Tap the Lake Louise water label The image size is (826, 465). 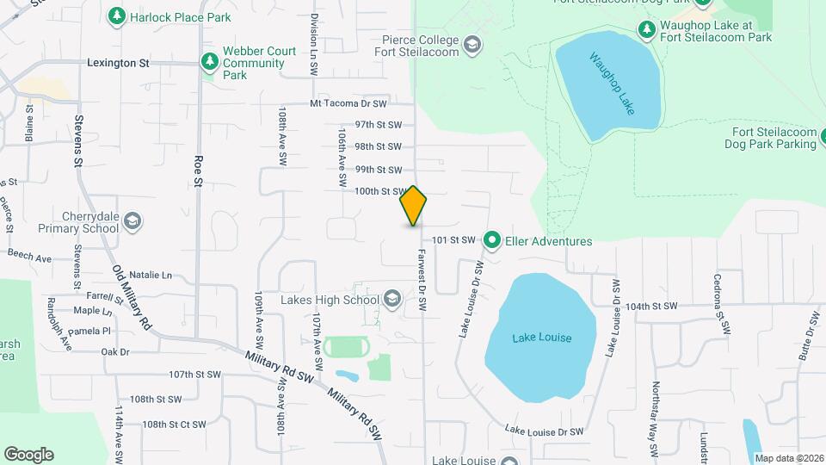point(542,338)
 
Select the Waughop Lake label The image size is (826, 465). point(612,84)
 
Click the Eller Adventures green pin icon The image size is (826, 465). point(492,240)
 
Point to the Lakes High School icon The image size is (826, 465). point(392,300)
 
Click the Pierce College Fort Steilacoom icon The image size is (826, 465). point(472,44)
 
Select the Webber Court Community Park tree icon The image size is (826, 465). point(208,62)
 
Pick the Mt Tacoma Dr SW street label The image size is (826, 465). point(349,103)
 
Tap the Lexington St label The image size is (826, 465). point(119,63)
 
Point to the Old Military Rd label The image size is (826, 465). point(133,298)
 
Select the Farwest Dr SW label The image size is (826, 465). point(423,275)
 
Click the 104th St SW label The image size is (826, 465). point(651,306)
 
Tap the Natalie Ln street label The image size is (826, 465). point(151,276)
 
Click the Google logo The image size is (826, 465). point(28,455)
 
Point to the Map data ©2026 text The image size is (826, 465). point(788,457)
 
